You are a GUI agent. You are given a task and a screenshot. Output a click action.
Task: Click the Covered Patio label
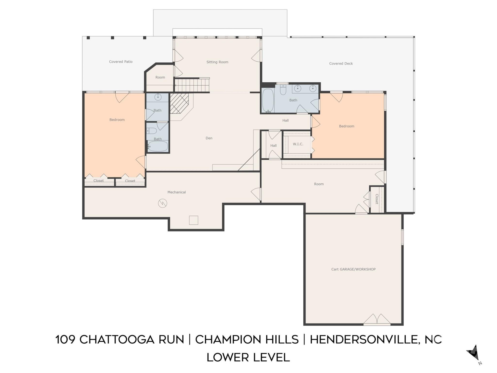click(121, 62)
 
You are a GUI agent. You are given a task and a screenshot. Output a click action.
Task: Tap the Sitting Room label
click(217, 62)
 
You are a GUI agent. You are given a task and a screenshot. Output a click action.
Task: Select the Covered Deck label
click(341, 63)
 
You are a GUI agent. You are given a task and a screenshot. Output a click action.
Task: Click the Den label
click(209, 138)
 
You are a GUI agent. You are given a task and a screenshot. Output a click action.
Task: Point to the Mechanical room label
click(177, 192)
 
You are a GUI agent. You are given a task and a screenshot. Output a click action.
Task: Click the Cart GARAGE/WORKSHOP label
click(353, 269)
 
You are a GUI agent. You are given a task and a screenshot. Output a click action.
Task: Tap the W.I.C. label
click(298, 144)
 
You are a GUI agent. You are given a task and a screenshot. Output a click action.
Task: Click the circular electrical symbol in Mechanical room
click(163, 203)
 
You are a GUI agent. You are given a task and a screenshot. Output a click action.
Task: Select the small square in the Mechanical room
click(194, 220)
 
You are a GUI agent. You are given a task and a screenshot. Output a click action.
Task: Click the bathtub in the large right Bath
click(268, 101)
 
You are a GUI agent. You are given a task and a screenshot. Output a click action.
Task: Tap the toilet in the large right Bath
click(283, 90)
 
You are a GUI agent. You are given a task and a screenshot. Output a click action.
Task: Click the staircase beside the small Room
click(192, 85)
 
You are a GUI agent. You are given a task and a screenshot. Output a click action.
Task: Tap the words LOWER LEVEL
click(248, 357)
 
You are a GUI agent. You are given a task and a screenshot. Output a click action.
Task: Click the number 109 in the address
click(65, 340)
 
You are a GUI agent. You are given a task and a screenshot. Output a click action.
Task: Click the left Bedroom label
click(117, 120)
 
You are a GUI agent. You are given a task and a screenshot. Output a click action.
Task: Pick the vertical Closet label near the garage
click(377, 199)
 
